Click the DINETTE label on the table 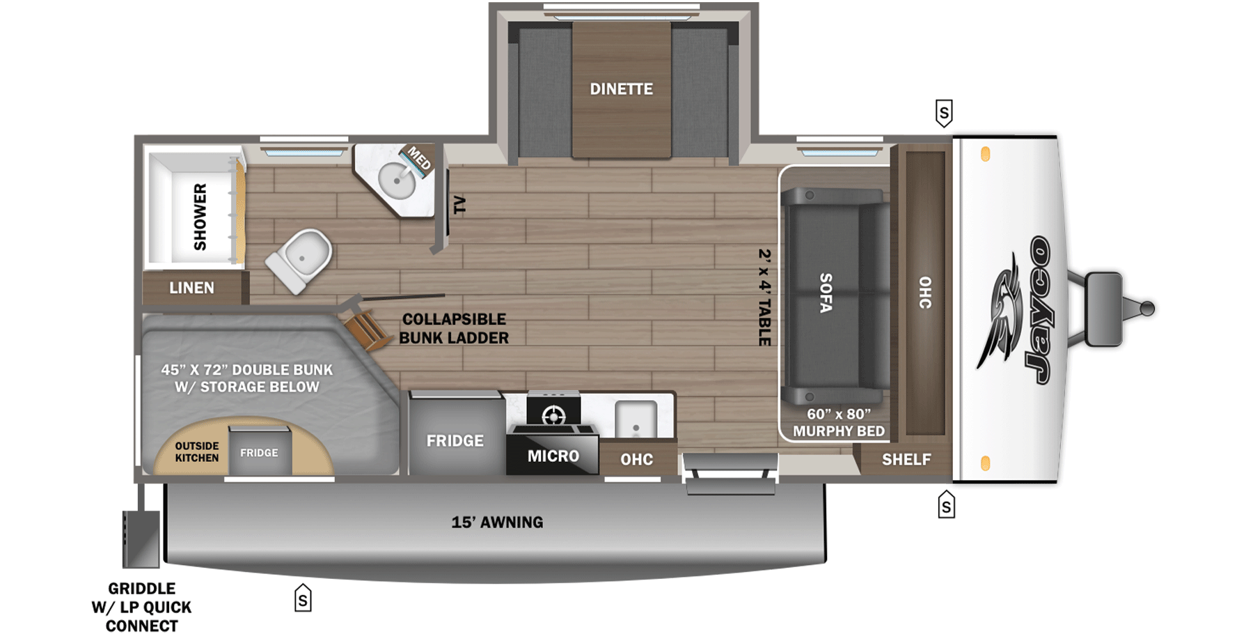click(621, 89)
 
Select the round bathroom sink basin click(396, 180)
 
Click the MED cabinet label click(419, 158)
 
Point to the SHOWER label click(200, 217)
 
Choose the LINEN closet click(192, 288)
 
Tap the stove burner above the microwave click(553, 416)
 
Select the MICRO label click(553, 456)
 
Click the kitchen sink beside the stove click(636, 419)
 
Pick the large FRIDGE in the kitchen click(455, 440)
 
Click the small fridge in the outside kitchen click(259, 452)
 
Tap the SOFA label click(826, 293)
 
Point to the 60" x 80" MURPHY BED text click(838, 423)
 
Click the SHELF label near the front click(906, 459)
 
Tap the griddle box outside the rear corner click(141, 539)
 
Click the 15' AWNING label click(497, 522)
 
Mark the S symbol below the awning click(303, 598)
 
